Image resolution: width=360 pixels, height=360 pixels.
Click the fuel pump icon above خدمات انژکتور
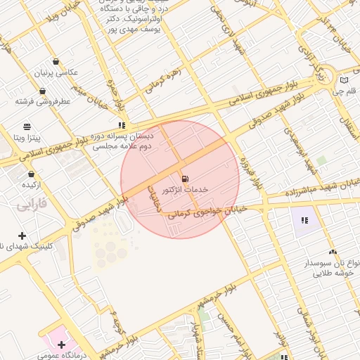185,179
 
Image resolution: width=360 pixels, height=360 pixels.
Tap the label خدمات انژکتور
185,190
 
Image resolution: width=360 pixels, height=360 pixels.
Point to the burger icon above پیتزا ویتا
27,127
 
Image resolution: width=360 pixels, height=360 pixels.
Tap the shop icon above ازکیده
31,174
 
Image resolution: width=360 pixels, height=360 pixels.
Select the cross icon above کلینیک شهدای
22,236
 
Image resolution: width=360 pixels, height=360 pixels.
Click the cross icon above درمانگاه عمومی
62,345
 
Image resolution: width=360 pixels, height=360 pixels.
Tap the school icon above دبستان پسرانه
122,125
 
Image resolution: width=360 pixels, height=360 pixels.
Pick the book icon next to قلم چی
344,80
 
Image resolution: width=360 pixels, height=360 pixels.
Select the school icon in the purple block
304,220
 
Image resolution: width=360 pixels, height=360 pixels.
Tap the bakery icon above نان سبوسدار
333,251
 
